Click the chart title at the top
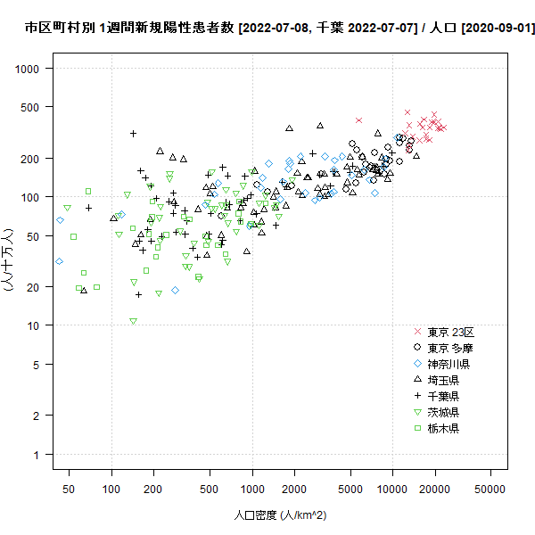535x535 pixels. pyautogui.click(x=280, y=28)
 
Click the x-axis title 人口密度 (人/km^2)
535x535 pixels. pyautogui.click(x=280, y=514)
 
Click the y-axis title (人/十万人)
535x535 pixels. pyautogui.click(x=7, y=260)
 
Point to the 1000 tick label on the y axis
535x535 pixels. pyautogui.click(x=27, y=69)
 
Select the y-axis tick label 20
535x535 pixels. pyautogui.click(x=33, y=287)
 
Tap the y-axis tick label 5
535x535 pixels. pyautogui.click(x=36, y=365)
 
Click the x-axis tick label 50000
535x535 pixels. pyautogui.click(x=490, y=489)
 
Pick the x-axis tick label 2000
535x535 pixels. pyautogui.click(x=294, y=489)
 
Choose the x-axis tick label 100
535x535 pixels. pyautogui.click(x=111, y=489)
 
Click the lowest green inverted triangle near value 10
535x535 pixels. pyautogui.click(x=134, y=321)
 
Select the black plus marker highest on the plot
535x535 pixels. pyautogui.click(x=134, y=134)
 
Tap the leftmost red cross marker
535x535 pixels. pyautogui.click(x=358, y=120)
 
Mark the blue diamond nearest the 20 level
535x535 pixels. pyautogui.click(x=175, y=291)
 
